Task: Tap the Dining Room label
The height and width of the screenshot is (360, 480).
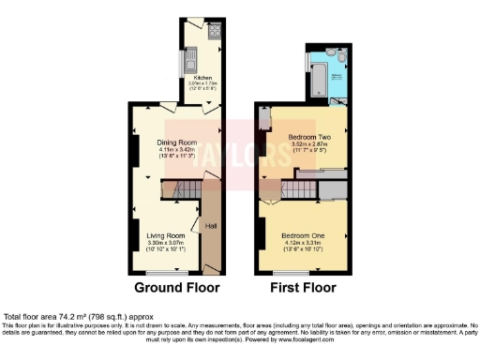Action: [173, 143]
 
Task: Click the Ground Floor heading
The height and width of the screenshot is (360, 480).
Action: [176, 287]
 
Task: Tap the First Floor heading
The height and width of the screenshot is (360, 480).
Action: [303, 287]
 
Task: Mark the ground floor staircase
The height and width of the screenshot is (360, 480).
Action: [185, 191]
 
